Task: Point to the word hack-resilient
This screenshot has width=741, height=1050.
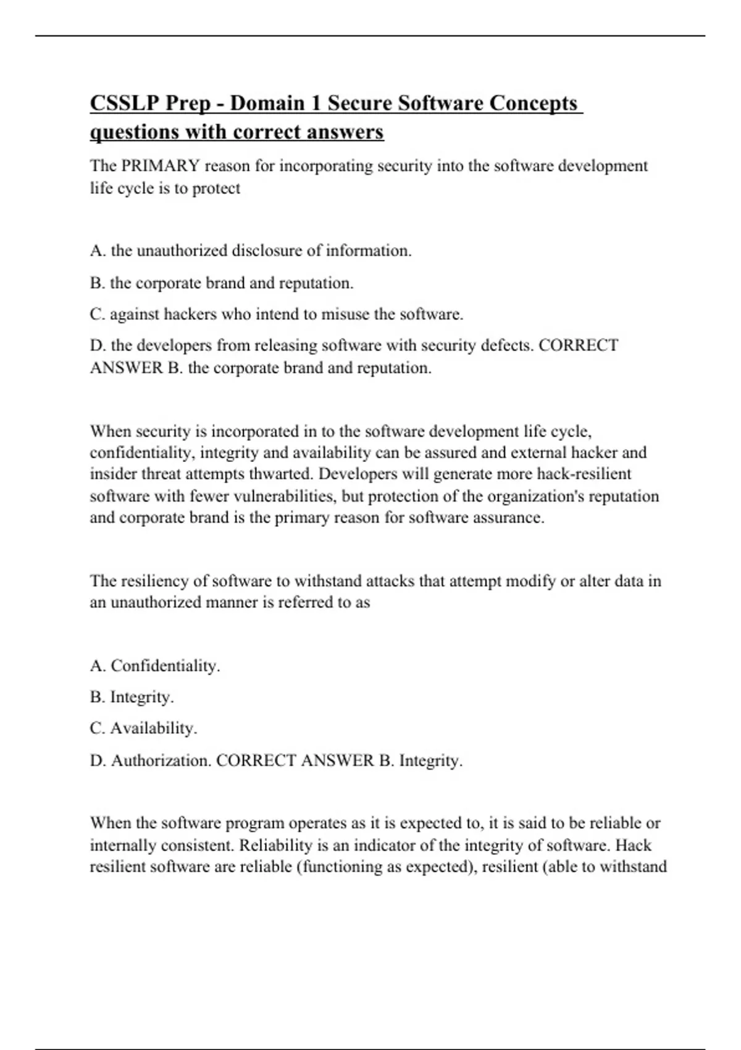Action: pyautogui.click(x=584, y=474)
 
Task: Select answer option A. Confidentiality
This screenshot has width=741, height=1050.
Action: pyautogui.click(x=155, y=666)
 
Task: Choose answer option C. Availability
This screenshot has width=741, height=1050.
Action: pyautogui.click(x=143, y=729)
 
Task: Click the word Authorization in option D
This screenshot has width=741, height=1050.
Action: pyautogui.click(x=162, y=761)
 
